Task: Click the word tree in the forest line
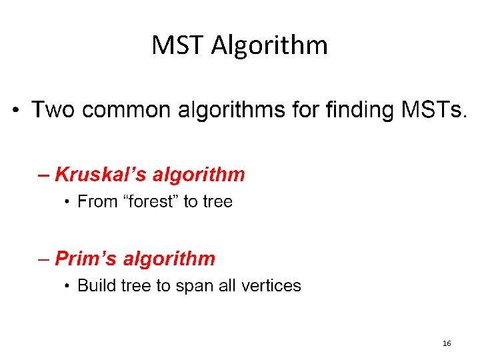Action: point(217,201)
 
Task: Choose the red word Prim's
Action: point(85,259)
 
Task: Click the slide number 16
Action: point(446,343)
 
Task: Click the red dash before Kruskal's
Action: point(44,176)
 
